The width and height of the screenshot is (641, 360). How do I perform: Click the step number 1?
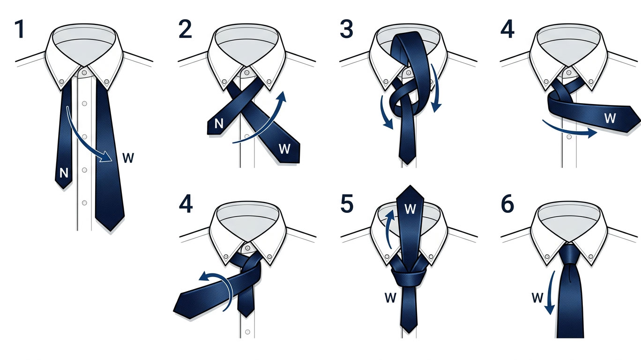[x=20, y=29]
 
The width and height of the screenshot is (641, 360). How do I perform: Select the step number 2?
[x=185, y=29]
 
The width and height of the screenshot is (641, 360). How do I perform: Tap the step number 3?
[x=347, y=29]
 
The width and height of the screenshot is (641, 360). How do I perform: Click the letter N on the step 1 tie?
[x=64, y=173]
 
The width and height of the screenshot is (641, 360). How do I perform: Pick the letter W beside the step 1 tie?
[x=128, y=158]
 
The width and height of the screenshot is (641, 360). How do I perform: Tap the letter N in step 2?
[x=219, y=124]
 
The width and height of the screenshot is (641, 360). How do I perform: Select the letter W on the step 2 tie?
[x=284, y=149]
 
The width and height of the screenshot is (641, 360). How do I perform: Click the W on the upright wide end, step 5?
[x=410, y=209]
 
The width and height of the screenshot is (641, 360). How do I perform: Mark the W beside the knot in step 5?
[x=390, y=298]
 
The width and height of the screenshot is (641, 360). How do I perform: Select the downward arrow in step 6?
[x=550, y=292]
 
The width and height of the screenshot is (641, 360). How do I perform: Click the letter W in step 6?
[x=537, y=298]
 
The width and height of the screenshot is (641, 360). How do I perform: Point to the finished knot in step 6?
[x=569, y=255]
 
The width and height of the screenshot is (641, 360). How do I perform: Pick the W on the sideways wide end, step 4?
[x=610, y=118]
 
